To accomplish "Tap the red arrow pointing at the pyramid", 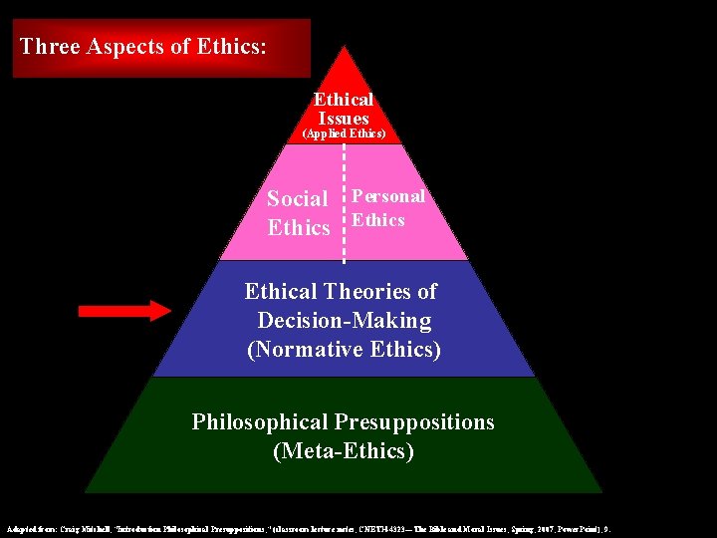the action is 124,312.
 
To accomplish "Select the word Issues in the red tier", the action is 344,119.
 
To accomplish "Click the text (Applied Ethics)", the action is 344,134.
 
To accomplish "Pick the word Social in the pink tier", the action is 298,199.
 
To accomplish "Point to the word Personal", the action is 388,196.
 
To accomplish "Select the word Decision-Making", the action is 345,321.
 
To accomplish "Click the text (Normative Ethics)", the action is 345,350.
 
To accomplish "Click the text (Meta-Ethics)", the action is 344,451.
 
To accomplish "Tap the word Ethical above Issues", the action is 344,100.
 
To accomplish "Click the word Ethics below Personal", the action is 378,220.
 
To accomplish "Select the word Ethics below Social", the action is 299,228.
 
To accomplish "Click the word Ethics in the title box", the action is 232,46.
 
